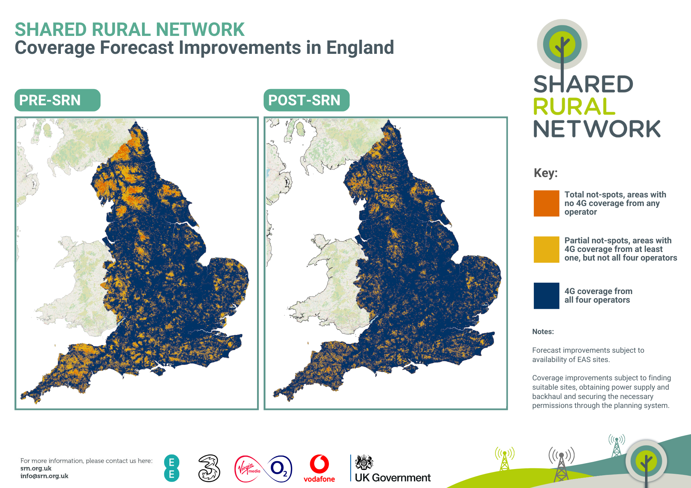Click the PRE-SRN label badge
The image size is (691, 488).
click(x=57, y=100)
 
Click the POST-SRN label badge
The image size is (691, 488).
click(x=306, y=100)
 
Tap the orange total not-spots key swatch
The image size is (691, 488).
click(x=546, y=203)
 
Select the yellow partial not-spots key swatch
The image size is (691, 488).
click(x=546, y=249)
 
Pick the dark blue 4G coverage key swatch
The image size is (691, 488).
click(x=546, y=295)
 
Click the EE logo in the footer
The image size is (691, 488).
click(x=172, y=468)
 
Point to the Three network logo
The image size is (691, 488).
click(x=209, y=468)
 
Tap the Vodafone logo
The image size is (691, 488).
click(x=319, y=469)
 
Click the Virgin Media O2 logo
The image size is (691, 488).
click(x=263, y=469)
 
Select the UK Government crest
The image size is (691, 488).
click(x=364, y=462)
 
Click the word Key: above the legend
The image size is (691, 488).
click(x=546, y=173)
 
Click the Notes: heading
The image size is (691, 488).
click(x=543, y=332)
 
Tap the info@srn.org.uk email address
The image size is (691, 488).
click(x=44, y=476)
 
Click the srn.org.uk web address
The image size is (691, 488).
click(x=36, y=468)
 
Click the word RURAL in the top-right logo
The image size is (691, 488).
click(x=574, y=107)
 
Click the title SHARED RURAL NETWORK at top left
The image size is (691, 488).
click(x=130, y=29)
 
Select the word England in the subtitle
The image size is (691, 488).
click(x=360, y=48)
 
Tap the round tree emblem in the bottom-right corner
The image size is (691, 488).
click(x=646, y=461)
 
